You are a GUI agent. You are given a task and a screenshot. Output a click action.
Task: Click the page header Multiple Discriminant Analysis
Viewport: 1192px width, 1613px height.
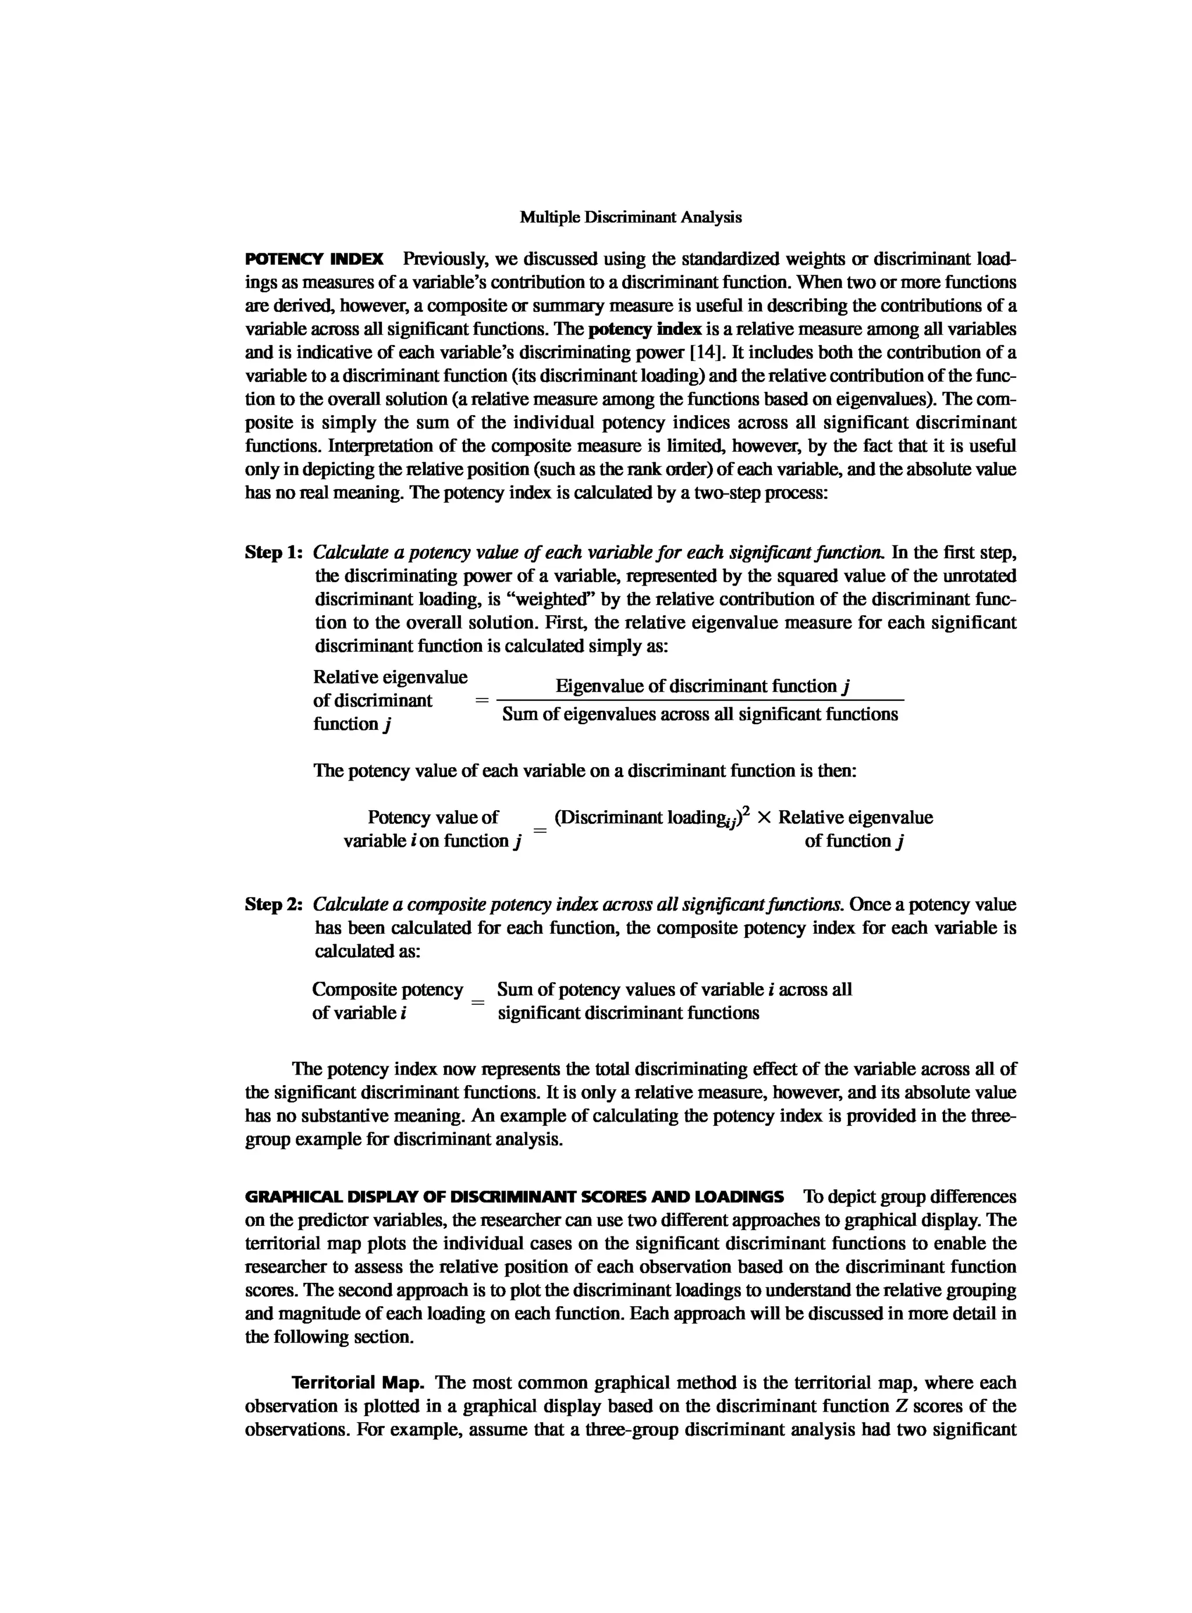631,217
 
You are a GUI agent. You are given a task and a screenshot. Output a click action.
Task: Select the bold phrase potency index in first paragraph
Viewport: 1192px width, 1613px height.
645,329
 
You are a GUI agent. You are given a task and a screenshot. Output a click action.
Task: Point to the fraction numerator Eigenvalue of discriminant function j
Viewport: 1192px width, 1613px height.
701,686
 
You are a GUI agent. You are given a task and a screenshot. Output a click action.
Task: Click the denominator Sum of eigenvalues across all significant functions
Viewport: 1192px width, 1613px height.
700,714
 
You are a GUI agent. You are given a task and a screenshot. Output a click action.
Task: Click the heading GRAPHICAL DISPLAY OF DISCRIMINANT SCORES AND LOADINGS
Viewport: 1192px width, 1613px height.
514,1197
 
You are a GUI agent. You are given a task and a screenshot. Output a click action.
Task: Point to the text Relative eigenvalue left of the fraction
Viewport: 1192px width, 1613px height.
389,677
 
